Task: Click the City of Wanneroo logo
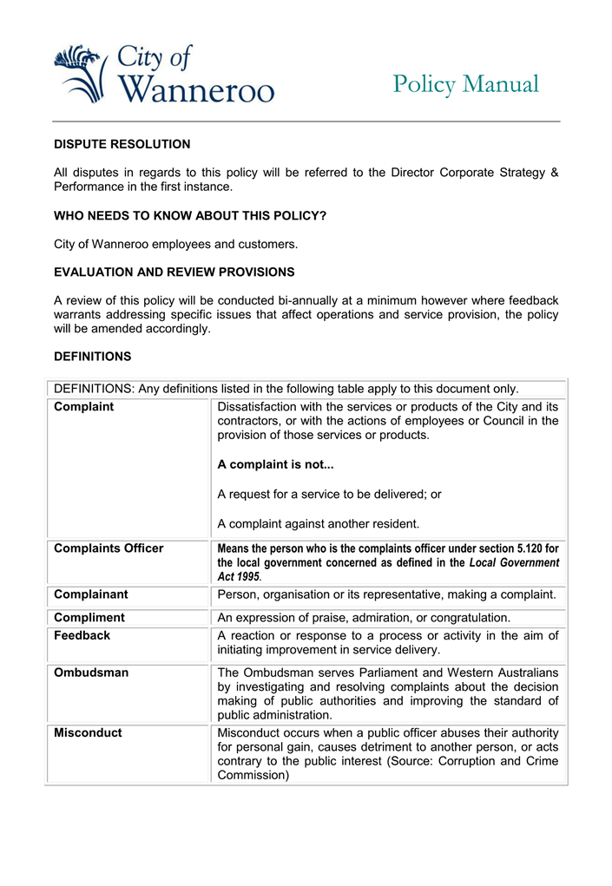163,75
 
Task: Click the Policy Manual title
465,85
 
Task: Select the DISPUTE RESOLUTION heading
122,144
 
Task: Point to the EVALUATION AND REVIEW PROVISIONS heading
174,272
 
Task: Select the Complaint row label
83,406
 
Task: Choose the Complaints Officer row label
109,548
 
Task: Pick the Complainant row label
90,594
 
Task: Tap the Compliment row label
89,618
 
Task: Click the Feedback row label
82,635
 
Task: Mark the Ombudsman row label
90,673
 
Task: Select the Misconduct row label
88,732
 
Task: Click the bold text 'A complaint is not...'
275,464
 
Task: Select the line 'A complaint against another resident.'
318,523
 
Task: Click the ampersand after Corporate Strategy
554,173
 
